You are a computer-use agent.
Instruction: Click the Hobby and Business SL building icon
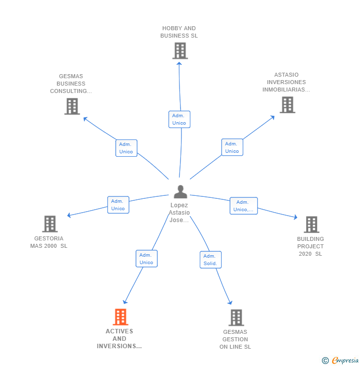tap(180, 50)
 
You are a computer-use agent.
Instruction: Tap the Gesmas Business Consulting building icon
tap(72, 106)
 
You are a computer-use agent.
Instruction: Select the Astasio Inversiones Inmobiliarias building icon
tap(287, 105)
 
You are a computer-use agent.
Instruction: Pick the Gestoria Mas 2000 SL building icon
tap(50, 224)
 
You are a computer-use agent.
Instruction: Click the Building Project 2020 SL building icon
tap(311, 225)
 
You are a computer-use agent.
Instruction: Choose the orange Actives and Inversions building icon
tap(120, 317)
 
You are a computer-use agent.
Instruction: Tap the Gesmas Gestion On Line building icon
tap(236, 318)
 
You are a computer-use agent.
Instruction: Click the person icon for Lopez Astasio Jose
tap(180, 191)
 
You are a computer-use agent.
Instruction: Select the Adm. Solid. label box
tap(211, 260)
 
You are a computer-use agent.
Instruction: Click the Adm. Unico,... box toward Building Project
tap(243, 206)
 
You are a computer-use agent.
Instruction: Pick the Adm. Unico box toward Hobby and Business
tap(179, 119)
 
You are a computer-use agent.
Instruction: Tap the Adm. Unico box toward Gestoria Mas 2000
tap(118, 205)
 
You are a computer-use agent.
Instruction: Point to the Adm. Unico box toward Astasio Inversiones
tap(232, 147)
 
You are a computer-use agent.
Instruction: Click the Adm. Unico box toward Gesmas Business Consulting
tap(126, 148)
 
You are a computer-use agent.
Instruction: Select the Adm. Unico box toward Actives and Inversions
tap(146, 259)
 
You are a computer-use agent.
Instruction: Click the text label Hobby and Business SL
tap(179, 32)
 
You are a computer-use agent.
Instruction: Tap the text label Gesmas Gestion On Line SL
tap(235, 339)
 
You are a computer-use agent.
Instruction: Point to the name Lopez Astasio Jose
tap(180, 213)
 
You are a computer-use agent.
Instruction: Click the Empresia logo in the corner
tap(341, 361)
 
